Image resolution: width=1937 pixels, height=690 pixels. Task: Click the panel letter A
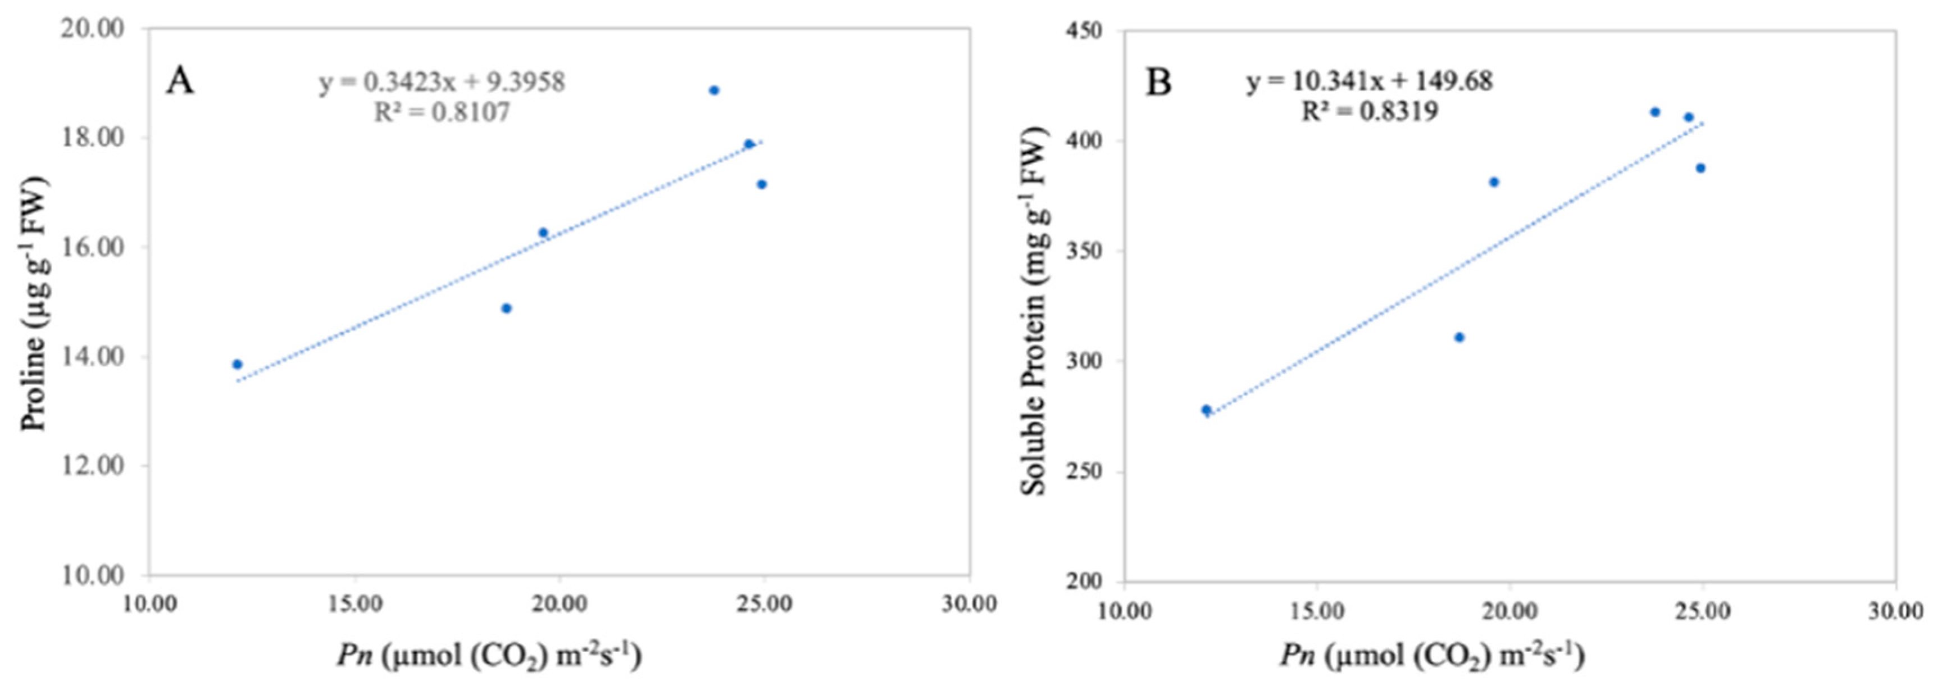(x=180, y=80)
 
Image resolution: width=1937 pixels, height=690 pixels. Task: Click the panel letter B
(x=1158, y=82)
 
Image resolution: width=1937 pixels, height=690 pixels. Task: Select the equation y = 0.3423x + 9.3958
(x=442, y=82)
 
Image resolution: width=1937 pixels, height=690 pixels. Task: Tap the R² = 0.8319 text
(x=1370, y=111)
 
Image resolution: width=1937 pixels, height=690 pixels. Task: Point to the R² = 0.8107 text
(x=442, y=112)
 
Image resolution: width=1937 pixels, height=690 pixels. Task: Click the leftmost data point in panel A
(x=237, y=364)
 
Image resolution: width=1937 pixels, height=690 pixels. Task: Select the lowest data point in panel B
(x=1206, y=410)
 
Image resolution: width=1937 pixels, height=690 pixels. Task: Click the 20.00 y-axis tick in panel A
(x=92, y=29)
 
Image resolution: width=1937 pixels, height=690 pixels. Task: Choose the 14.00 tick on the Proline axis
(x=92, y=357)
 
